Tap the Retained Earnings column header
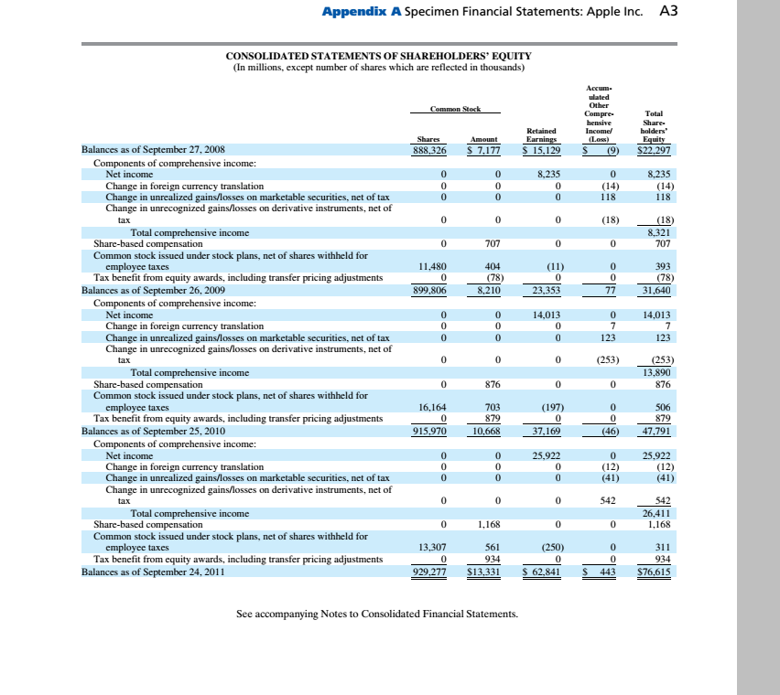pos(543,135)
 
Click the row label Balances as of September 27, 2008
pos(153,149)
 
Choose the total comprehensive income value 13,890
pos(657,373)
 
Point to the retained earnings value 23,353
pos(545,291)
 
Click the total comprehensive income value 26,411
pos(657,514)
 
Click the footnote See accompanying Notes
pos(376,613)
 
